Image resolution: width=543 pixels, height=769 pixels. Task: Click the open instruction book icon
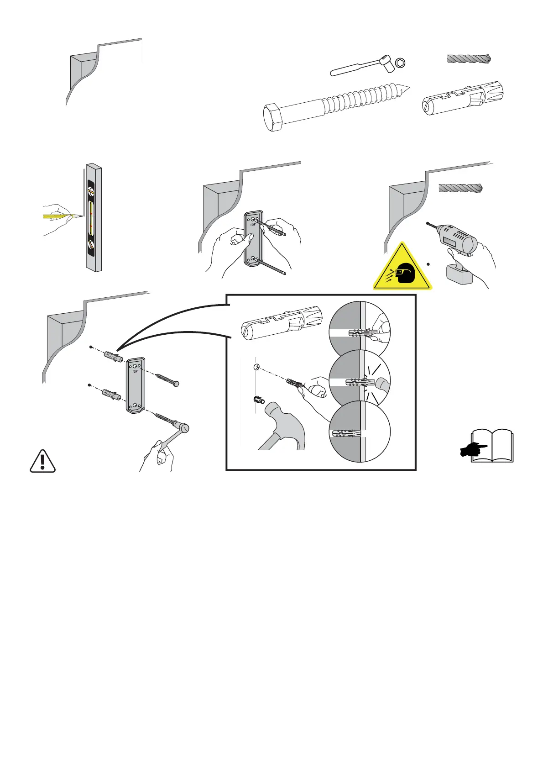(x=492, y=445)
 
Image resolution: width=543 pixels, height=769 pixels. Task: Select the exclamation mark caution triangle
(x=42, y=461)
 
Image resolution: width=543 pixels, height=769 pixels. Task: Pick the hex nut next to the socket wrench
(x=400, y=63)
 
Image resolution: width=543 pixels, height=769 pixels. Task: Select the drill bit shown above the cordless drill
(x=460, y=188)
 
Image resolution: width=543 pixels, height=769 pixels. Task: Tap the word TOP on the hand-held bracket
(x=253, y=225)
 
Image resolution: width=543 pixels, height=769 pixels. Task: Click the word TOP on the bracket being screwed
(x=135, y=372)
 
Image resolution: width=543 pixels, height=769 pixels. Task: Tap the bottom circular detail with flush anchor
(x=360, y=432)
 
